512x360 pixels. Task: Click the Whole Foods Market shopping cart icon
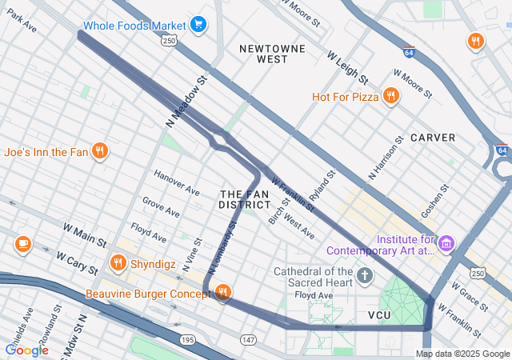[198, 26]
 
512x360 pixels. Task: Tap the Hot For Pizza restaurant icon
[391, 97]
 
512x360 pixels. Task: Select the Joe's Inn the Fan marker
[100, 151]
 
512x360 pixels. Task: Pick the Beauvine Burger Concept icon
[223, 293]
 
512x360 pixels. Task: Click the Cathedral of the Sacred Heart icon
[365, 278]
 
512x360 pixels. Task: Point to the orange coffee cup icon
[23, 243]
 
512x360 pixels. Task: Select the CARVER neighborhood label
[433, 138]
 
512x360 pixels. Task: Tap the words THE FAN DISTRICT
[245, 199]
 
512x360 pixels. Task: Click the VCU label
[379, 315]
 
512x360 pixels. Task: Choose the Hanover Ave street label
[176, 186]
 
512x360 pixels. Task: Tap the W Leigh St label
[347, 68]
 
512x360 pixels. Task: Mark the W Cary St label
[76, 262]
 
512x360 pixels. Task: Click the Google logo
[26, 350]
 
